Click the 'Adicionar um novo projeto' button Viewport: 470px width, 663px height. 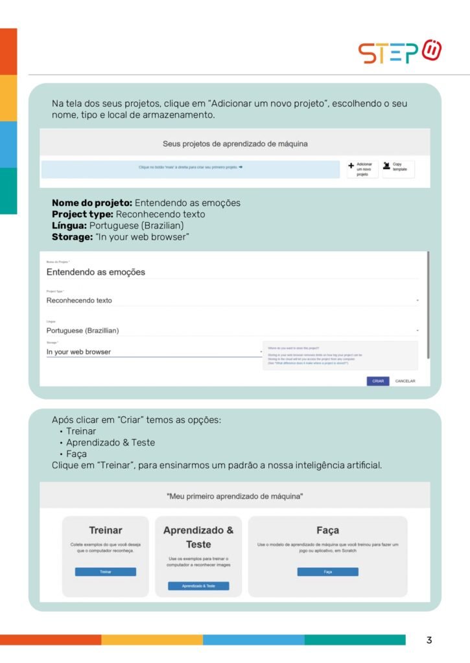[x=360, y=170]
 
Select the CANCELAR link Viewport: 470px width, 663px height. [x=405, y=381]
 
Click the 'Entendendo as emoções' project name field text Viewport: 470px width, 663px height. [x=96, y=272]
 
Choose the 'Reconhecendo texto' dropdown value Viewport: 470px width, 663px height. [x=79, y=300]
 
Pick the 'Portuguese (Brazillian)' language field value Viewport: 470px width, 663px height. [x=82, y=330]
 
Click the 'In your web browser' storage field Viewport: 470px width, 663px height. [x=78, y=352]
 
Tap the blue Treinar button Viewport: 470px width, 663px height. [x=106, y=572]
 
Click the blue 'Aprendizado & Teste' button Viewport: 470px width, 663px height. [x=198, y=585]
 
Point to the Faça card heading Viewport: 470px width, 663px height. [x=327, y=530]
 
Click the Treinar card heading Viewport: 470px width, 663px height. [x=106, y=530]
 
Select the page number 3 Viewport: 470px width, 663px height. [x=429, y=640]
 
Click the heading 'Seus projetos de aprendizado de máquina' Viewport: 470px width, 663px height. [x=235, y=143]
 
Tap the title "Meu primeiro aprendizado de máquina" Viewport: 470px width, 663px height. [x=235, y=496]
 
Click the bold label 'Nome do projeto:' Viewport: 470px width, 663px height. [x=92, y=203]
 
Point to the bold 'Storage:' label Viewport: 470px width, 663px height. [x=72, y=236]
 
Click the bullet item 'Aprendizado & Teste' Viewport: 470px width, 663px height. [x=110, y=442]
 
